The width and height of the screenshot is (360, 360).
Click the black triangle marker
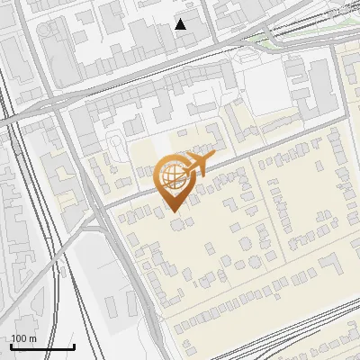pyautogui.click(x=181, y=24)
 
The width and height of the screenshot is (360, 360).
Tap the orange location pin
pyautogui.click(x=175, y=180)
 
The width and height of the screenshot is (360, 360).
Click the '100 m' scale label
pyautogui.click(x=23, y=338)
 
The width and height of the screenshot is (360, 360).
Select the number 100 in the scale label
pyautogui.click(x=19, y=338)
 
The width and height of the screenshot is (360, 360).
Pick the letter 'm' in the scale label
pyautogui.click(x=32, y=338)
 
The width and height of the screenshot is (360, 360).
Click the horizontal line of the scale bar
pyautogui.click(x=42, y=347)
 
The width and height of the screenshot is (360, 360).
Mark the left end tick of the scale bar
pyautogui.click(x=11, y=346)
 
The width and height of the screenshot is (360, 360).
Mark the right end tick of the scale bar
pyautogui.click(x=74, y=346)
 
